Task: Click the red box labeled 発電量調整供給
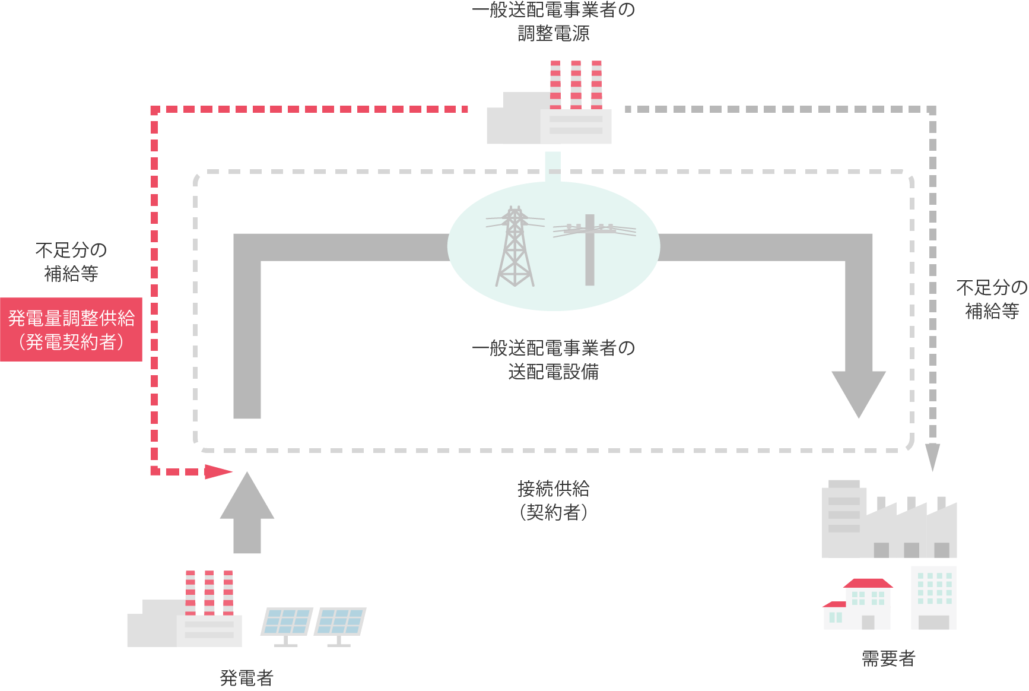coord(71,329)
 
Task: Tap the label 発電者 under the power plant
coord(246,677)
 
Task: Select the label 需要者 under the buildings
coord(888,658)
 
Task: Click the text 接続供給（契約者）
coord(553,500)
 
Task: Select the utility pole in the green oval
coord(590,249)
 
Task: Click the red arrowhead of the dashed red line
coord(217,472)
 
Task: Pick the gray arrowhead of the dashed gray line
coord(932,456)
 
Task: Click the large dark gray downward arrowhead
coord(858,392)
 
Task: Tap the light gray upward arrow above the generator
coord(247,511)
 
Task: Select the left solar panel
coord(287,623)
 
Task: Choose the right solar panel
coord(340,623)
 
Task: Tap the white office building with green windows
coord(933,597)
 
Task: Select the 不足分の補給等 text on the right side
coord(991,299)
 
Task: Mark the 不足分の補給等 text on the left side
coord(71,262)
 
